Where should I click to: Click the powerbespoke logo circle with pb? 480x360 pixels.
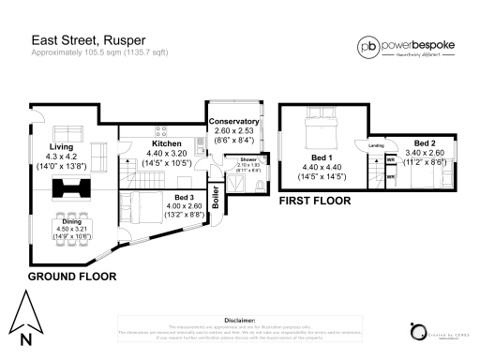[x=368, y=46]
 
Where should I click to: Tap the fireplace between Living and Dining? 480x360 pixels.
[x=70, y=189]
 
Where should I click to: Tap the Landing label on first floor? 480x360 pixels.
[x=377, y=145]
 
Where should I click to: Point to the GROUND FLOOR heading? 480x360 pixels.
[x=71, y=277]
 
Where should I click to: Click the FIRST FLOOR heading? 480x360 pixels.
[x=315, y=201]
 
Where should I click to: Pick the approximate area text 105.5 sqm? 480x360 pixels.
[x=83, y=52]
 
